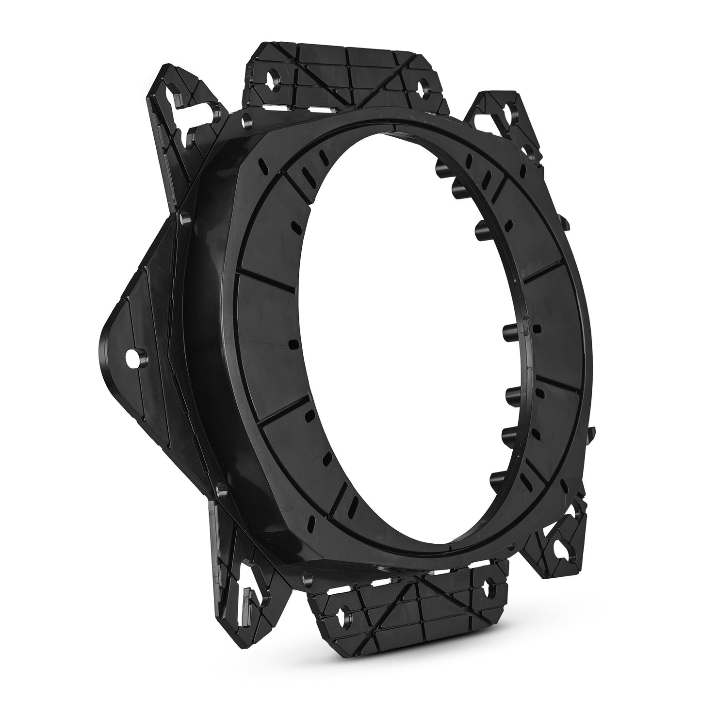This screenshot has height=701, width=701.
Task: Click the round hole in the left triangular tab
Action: click(131, 358)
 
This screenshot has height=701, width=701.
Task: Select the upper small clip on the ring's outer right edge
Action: click(564, 223)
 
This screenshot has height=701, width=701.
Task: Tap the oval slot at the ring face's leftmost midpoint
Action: click(292, 344)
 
